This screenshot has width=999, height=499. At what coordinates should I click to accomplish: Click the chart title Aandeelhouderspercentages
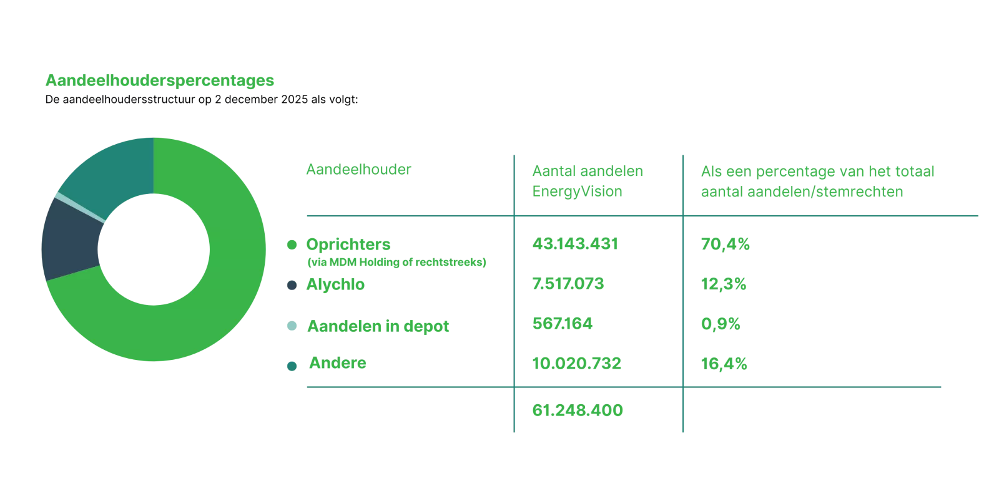[160, 81]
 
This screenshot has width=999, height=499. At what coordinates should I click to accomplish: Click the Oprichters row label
[350, 243]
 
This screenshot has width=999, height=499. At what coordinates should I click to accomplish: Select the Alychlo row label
[335, 285]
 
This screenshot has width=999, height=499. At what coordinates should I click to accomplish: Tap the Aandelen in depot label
[378, 326]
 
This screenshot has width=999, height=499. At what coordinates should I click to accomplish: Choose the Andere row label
[337, 363]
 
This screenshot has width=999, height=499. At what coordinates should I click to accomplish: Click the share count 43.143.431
[574, 243]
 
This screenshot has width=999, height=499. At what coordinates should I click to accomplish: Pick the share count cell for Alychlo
[567, 284]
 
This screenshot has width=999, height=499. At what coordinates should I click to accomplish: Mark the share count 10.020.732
[576, 362]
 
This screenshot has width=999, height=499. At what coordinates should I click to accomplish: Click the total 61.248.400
[576, 410]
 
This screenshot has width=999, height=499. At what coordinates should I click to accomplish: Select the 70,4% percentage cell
[724, 243]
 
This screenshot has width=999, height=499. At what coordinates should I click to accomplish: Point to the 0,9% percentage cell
[721, 324]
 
